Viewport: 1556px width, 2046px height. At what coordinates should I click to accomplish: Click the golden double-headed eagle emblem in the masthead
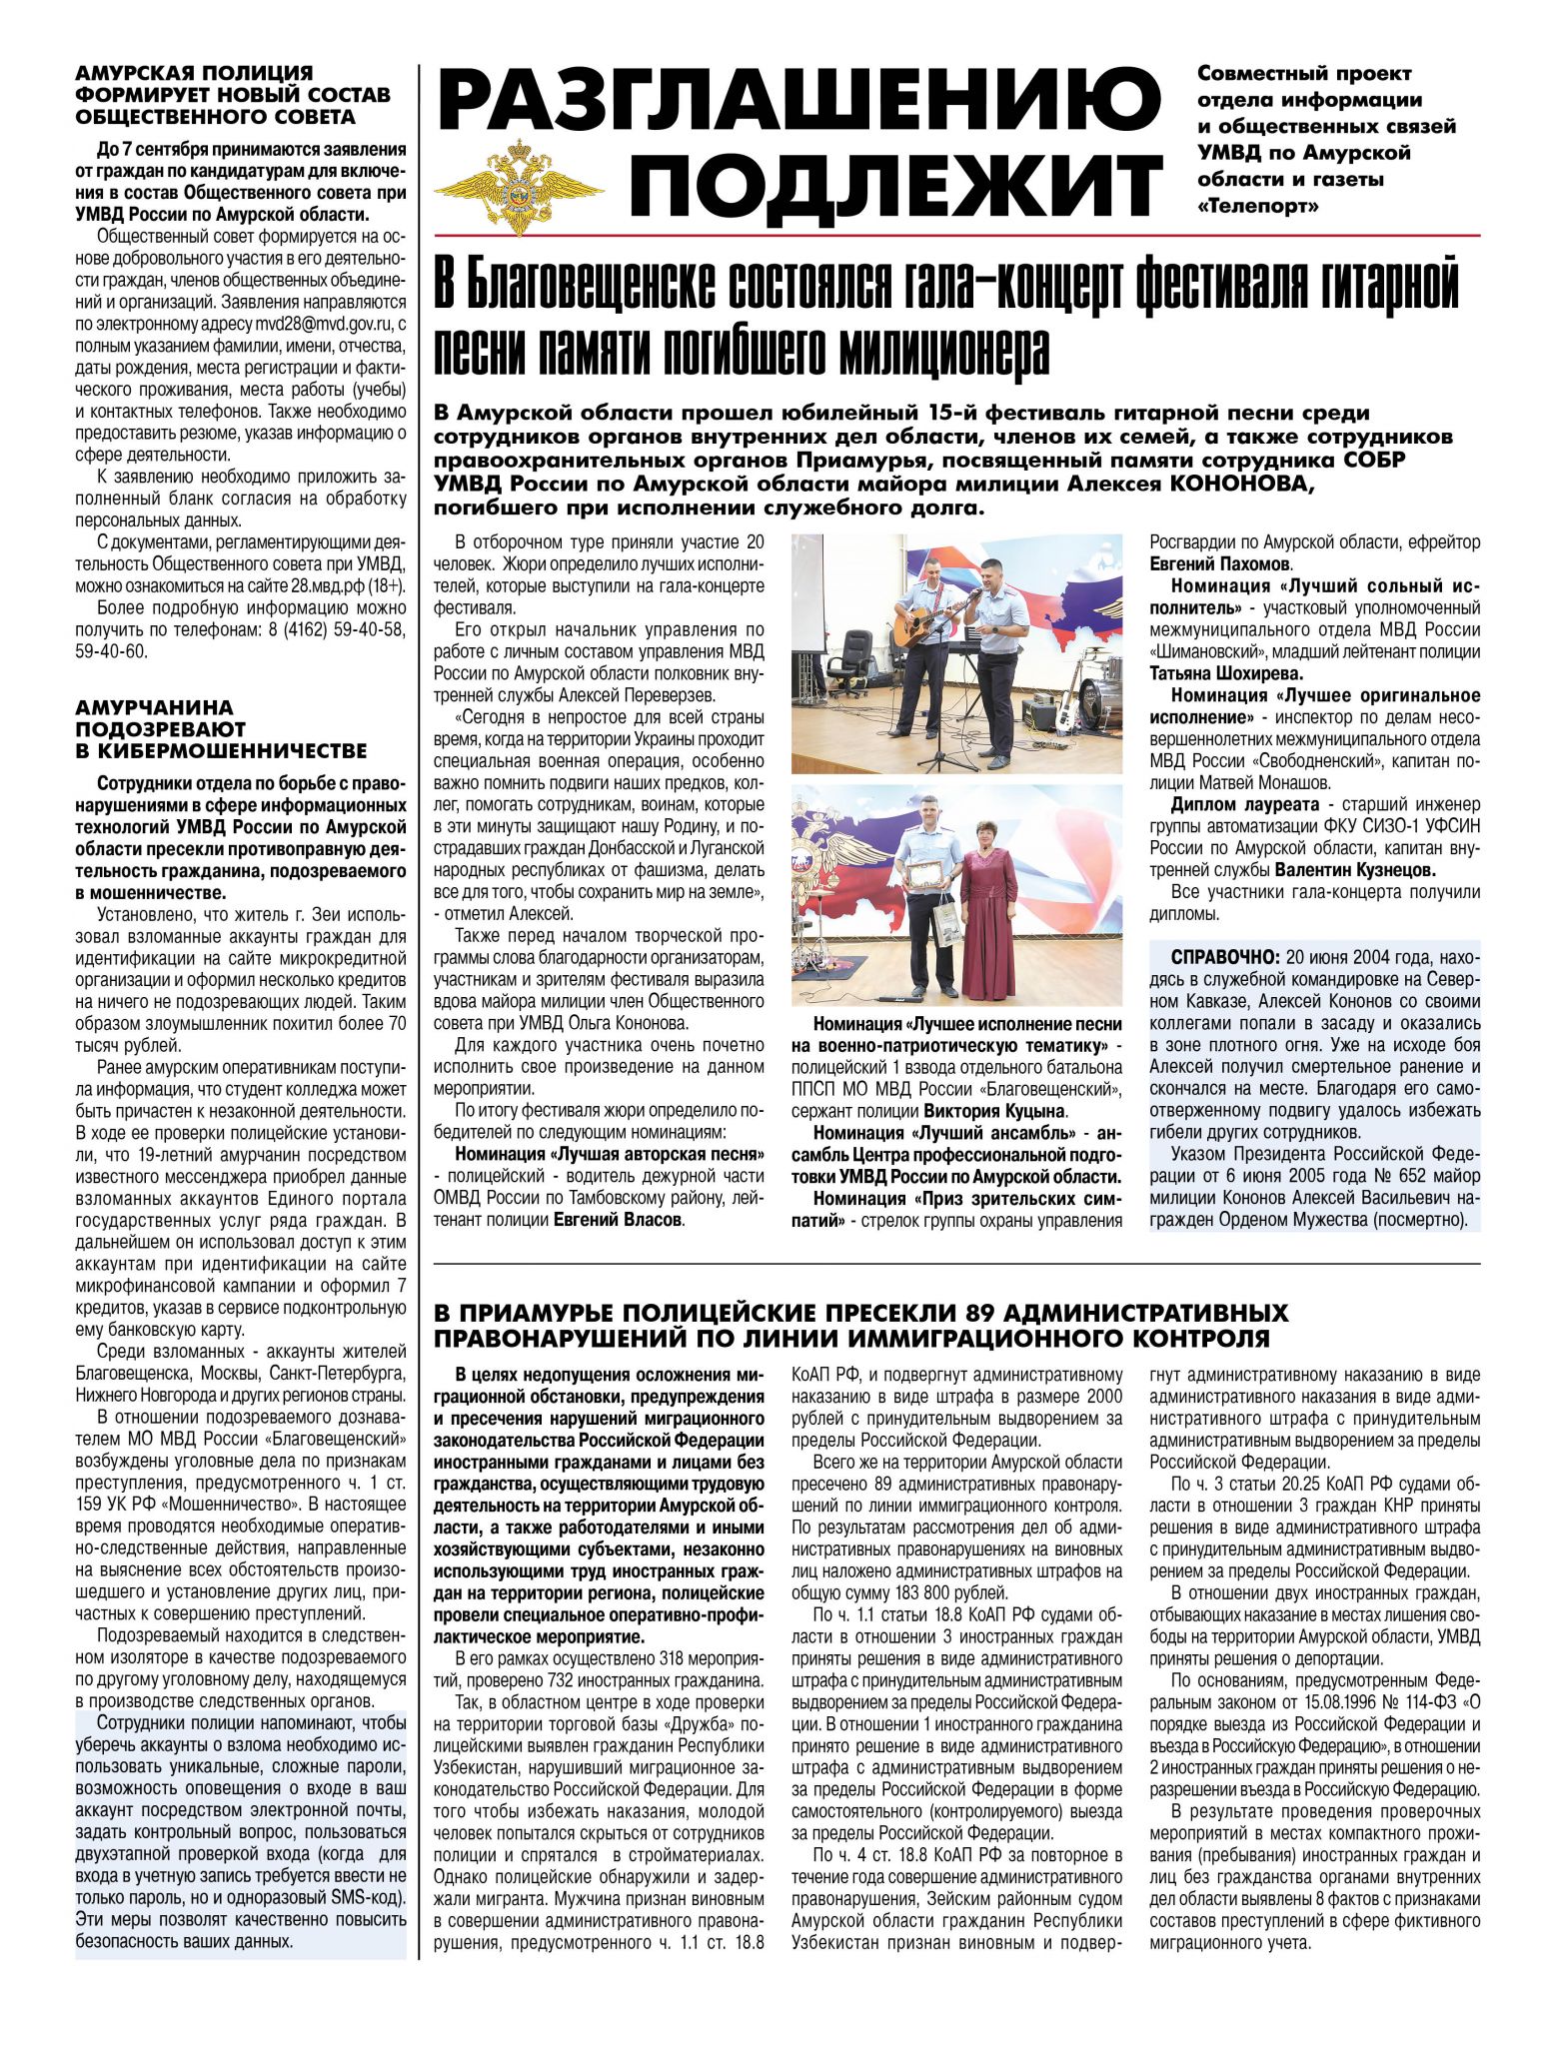pos(518,187)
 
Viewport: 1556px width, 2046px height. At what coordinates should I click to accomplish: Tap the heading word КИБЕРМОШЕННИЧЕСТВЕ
pos(221,750)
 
